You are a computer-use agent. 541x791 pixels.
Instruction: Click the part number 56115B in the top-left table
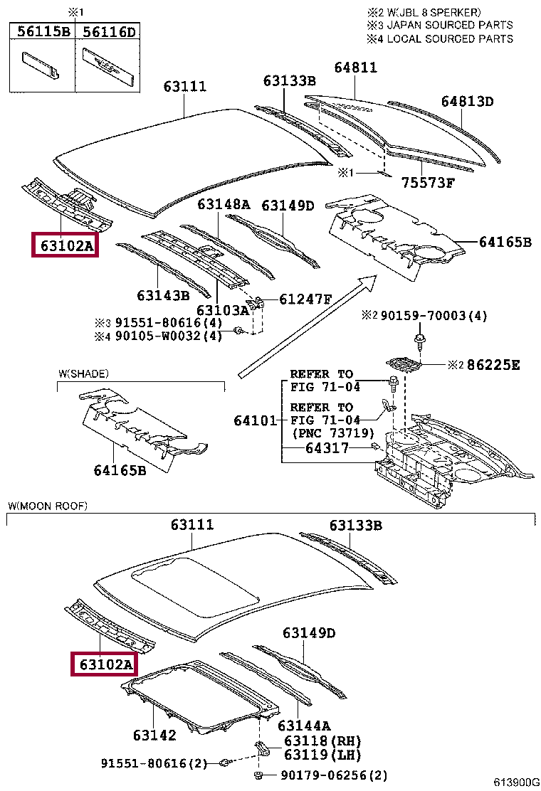tap(42, 32)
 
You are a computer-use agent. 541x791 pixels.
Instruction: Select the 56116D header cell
tap(108, 32)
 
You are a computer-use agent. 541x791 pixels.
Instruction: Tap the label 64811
tap(356, 68)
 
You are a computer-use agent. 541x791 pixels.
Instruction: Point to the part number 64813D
tap(466, 102)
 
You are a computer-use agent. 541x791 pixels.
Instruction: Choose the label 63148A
tap(224, 205)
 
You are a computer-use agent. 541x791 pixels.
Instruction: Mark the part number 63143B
tap(163, 294)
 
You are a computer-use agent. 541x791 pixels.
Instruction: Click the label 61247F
tap(305, 299)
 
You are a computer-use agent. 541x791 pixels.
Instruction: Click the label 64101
tap(254, 420)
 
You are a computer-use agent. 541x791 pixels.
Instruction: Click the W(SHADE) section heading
tap(84, 373)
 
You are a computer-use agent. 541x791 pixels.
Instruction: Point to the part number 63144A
tap(304, 726)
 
